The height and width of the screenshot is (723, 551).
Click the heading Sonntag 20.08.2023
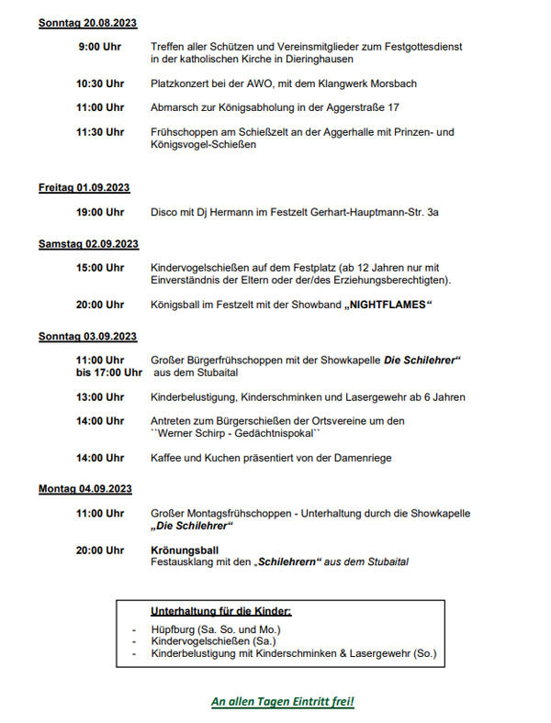pyautogui.click(x=87, y=22)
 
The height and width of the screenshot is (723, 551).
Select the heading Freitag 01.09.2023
pyautogui.click(x=84, y=188)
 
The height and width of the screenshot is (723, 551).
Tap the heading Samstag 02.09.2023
pyautogui.click(x=88, y=244)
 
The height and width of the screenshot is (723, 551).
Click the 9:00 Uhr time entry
pyautogui.click(x=101, y=46)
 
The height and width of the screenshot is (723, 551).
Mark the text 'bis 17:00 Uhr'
pyautogui.click(x=108, y=373)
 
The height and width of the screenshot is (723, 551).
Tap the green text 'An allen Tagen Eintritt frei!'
pyautogui.click(x=283, y=702)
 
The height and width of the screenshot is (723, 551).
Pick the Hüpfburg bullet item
pyautogui.click(x=216, y=629)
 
